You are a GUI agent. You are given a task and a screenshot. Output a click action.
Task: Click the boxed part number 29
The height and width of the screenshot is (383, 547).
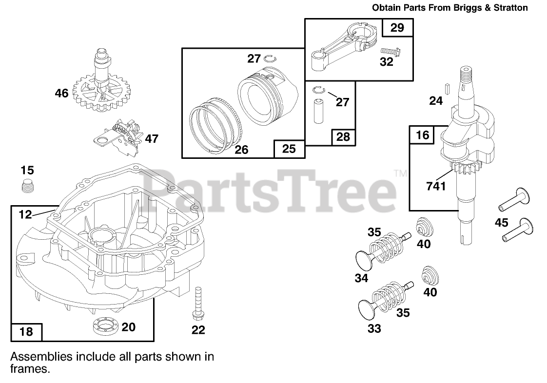coord(397,28)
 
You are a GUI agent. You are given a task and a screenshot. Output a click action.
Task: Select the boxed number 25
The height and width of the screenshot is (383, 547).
coord(289,149)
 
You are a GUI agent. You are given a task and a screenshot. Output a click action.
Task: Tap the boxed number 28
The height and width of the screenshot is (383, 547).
coord(343,137)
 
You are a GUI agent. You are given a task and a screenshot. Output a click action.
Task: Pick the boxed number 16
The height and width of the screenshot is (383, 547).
coord(422,135)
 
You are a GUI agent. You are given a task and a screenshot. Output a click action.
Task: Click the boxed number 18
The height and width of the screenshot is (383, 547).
coord(26,332)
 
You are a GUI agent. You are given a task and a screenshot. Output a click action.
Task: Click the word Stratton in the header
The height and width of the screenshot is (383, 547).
coord(510,7)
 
